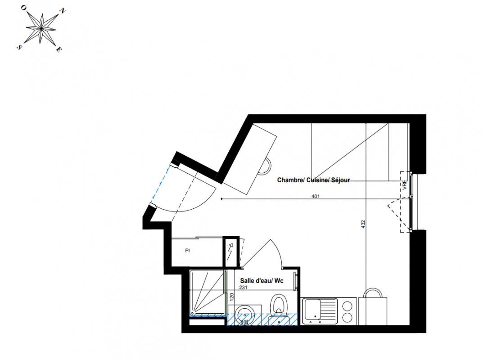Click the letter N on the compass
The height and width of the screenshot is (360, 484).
62,11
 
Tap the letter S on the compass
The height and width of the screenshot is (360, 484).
19,47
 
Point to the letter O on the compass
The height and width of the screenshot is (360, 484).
23,8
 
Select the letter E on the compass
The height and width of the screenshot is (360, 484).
59,50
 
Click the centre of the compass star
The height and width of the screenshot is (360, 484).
41,28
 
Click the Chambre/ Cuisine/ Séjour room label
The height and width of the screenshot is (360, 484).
313,180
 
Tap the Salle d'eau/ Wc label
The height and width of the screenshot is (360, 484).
262,281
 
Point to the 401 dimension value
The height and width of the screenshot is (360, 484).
316,196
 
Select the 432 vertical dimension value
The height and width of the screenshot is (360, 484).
363,224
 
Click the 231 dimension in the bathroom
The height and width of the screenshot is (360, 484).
243,288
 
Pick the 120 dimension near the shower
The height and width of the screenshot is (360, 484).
232,297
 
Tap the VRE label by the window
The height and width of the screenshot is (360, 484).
404,185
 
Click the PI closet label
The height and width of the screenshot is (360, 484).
187,251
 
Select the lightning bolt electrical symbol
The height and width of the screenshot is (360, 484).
230,251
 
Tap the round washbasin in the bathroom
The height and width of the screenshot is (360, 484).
245,315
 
